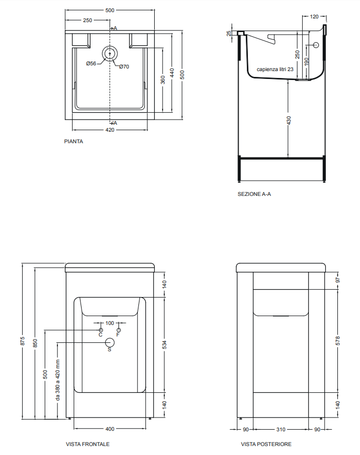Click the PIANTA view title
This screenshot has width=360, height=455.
point(74,141)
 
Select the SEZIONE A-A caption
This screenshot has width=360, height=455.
point(254,194)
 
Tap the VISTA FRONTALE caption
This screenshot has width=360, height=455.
point(87,444)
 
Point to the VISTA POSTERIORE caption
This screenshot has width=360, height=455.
point(266,444)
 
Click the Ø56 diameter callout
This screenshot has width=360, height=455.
point(91,64)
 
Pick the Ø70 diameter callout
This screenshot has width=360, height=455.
point(124,66)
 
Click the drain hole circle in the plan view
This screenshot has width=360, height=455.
point(109,54)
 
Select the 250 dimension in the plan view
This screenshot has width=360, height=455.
point(87,21)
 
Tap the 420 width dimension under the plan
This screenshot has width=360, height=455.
point(109,130)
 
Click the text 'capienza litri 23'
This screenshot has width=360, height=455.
point(275,70)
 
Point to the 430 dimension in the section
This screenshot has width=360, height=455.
point(288,120)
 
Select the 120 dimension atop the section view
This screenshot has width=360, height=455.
point(314,16)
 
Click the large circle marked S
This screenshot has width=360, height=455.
point(109,343)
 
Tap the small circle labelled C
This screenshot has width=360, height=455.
point(101,330)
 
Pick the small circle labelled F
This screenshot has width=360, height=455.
point(118,330)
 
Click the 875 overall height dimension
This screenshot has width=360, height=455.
point(23,341)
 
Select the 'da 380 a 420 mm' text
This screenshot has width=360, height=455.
point(58,380)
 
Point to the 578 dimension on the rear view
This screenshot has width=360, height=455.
point(338,341)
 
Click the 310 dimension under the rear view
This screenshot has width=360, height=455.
point(281,429)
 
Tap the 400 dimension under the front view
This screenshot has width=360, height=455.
point(109,429)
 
